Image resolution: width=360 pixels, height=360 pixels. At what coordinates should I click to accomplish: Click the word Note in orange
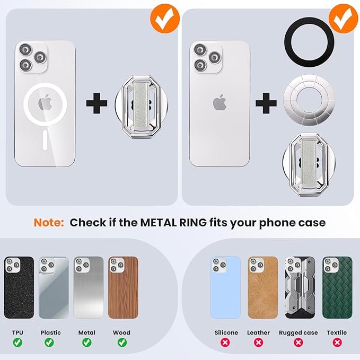pos(49,222)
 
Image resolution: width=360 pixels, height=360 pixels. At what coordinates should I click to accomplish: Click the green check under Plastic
pos(51,343)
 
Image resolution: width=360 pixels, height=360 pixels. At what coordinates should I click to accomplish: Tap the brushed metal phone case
pos(89,287)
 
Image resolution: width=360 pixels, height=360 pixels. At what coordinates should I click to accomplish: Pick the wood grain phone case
pos(123,287)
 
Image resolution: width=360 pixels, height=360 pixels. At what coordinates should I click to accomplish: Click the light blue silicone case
pos(226,287)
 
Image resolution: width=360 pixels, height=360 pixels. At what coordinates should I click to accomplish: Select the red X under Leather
pos(259,343)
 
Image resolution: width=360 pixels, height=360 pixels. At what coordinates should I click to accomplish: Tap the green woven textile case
pos(337,287)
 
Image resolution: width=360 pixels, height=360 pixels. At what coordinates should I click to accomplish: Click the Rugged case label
pos(298,332)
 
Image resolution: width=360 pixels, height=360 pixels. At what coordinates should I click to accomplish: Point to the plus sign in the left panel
pos(96,102)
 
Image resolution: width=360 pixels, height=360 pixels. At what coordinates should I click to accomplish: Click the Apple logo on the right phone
pos(219,102)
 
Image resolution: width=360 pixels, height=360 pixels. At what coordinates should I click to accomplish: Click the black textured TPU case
pos(19,287)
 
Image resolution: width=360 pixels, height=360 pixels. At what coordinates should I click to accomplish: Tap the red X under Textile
pos(337,343)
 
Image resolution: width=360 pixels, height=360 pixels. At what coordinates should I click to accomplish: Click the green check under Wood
pos(121,343)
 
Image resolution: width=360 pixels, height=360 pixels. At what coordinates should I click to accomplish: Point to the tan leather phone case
pos(262,287)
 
